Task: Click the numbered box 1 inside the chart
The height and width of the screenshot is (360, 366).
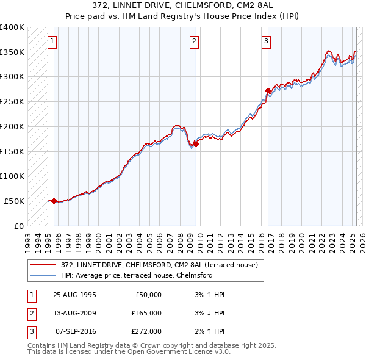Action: (52, 41)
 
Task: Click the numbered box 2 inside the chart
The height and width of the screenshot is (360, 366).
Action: (194, 41)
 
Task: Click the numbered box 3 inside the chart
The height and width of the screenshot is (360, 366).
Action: (267, 41)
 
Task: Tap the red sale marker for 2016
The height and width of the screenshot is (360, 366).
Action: (268, 90)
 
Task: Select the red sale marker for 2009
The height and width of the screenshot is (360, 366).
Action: (196, 144)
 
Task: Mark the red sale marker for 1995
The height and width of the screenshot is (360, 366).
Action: (54, 201)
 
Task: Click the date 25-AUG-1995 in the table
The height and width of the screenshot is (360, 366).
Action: (75, 295)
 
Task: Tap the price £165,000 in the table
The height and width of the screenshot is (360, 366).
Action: (146, 313)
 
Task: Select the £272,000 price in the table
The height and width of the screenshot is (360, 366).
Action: (146, 331)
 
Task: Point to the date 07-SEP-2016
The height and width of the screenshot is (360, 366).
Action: (76, 331)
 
